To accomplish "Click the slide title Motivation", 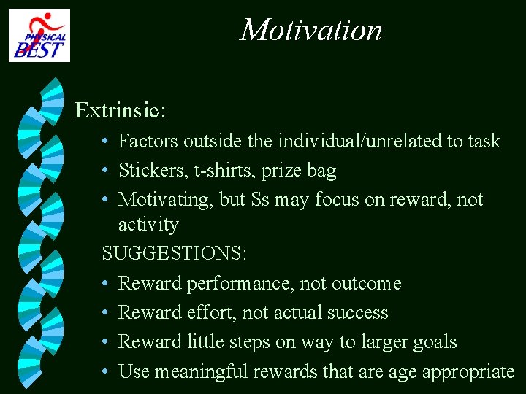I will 311,31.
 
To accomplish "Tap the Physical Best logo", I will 39,35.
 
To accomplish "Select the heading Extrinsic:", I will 121,110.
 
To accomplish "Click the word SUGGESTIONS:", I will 175,254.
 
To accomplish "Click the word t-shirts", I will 224,171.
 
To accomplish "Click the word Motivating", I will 158,199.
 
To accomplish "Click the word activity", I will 148,224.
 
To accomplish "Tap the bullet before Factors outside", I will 106,141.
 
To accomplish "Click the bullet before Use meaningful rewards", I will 106,371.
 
